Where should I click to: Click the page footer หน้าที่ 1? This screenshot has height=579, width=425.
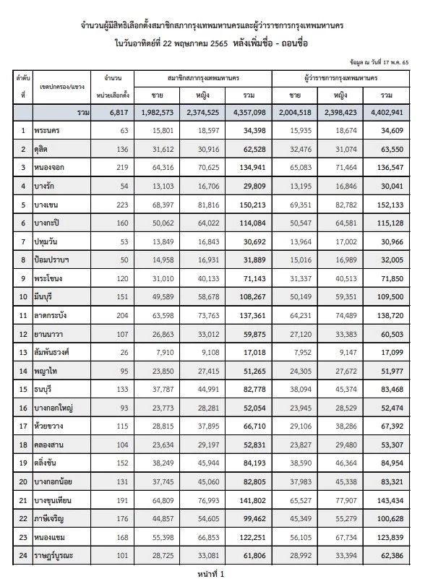pyautogui.click(x=212, y=572)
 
